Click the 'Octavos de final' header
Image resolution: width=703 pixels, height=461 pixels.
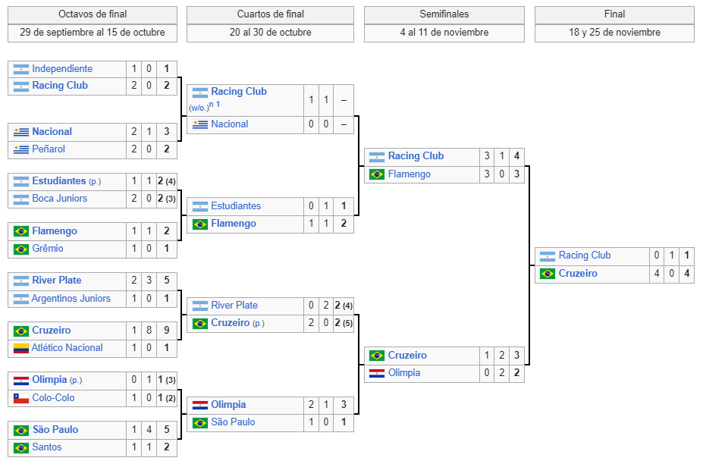click(93, 14)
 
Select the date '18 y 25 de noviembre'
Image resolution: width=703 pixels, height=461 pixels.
click(614, 33)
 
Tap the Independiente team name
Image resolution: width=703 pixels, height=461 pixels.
click(62, 68)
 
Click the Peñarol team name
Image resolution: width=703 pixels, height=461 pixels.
click(49, 149)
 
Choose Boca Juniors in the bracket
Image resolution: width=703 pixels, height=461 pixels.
click(60, 198)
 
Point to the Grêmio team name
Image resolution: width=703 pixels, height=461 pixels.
click(48, 249)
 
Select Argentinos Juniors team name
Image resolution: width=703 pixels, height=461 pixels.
click(71, 298)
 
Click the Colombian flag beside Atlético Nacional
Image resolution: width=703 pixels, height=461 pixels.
click(21, 348)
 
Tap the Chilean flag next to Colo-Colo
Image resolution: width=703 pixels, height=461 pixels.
click(21, 398)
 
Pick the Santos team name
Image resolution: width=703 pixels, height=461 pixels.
click(46, 447)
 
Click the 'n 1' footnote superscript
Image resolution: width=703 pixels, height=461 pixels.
click(215, 104)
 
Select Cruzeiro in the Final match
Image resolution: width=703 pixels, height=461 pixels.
click(578, 273)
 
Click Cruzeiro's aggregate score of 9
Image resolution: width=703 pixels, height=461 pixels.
click(166, 330)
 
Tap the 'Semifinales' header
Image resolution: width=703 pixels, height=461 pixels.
click(444, 14)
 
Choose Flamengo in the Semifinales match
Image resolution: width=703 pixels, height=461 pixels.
click(410, 174)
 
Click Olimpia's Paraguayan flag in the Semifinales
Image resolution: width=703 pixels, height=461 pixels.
click(377, 373)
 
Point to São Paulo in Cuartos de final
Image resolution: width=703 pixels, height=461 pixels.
click(233, 422)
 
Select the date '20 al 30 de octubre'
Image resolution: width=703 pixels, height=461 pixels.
click(270, 33)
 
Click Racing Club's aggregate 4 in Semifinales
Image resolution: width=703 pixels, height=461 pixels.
click(516, 156)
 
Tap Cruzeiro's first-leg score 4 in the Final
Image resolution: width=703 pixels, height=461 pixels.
click(657, 273)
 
